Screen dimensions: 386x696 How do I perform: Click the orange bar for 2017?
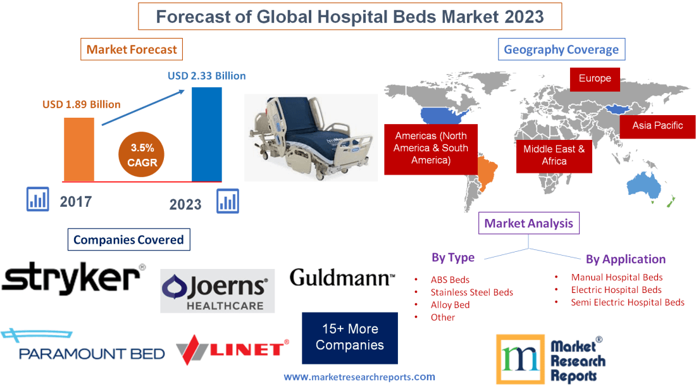(78, 149)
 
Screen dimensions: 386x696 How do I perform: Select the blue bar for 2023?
(207, 134)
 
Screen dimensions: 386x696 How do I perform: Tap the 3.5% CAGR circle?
(143, 156)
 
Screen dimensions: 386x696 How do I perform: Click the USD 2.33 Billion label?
(206, 76)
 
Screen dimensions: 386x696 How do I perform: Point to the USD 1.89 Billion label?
(82, 104)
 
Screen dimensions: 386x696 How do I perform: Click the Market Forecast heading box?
(132, 49)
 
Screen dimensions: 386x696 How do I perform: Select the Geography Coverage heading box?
(561, 49)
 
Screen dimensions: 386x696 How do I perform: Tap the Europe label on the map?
(594, 79)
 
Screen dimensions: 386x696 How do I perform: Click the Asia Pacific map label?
(657, 125)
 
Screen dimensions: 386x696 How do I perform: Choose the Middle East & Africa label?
(554, 155)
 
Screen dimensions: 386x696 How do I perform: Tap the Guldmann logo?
(342, 277)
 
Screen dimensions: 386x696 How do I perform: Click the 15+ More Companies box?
(349, 337)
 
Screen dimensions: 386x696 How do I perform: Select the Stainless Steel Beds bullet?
(471, 292)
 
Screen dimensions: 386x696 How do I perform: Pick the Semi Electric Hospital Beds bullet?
(627, 302)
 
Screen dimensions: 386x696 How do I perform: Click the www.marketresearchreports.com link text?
(359, 377)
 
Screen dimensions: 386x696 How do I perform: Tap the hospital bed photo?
(311, 137)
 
